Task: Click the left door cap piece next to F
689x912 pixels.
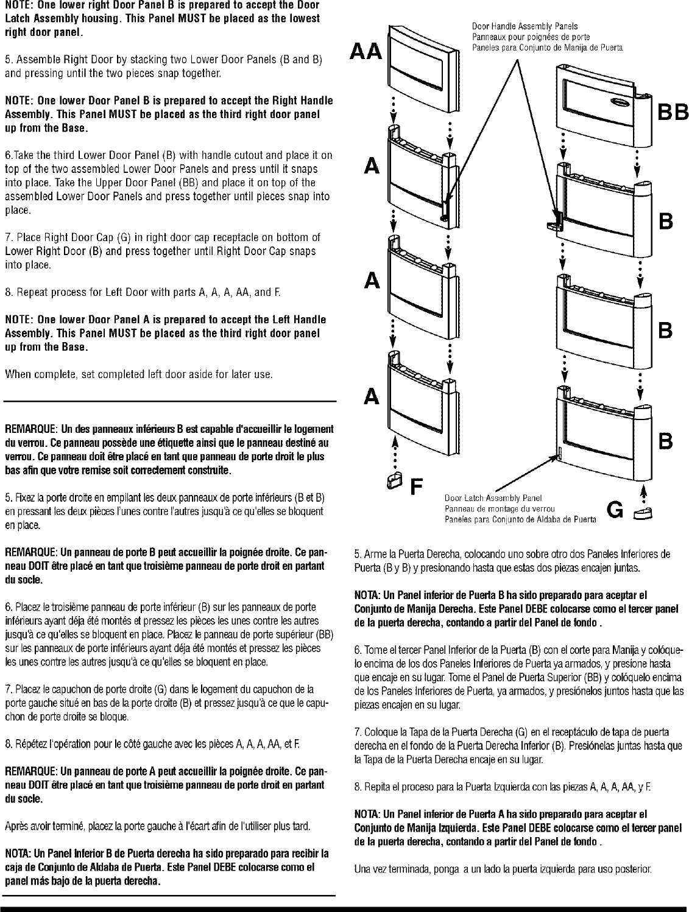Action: point(394,482)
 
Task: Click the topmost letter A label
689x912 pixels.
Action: point(373,165)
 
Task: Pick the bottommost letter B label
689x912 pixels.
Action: point(666,441)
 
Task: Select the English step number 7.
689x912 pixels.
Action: point(7,237)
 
